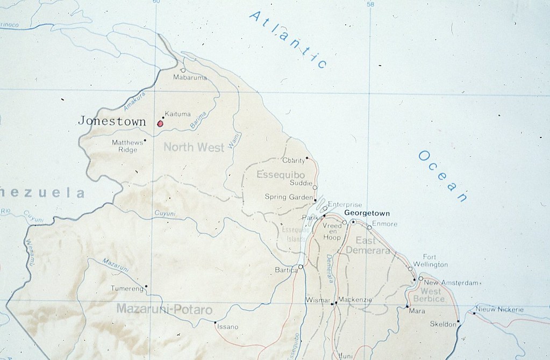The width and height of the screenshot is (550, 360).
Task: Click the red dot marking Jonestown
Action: [x=160, y=124]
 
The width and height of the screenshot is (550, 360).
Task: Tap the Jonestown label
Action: [x=112, y=121]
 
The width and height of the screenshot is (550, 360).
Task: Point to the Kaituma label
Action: [x=178, y=113]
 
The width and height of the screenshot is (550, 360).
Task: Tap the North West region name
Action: [x=194, y=147]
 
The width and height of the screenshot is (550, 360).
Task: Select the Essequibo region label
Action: [x=281, y=175]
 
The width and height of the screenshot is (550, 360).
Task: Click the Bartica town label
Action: [x=285, y=270]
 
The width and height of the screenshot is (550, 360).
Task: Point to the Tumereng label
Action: [x=127, y=289]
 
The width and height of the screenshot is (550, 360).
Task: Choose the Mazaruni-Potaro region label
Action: [x=164, y=310]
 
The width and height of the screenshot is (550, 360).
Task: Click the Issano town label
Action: [x=227, y=327]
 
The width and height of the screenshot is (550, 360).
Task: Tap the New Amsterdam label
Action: [x=451, y=283]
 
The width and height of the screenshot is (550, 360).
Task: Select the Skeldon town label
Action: [x=442, y=324]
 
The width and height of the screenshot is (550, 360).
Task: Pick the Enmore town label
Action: [x=384, y=224]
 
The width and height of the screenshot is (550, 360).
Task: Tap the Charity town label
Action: [x=293, y=160]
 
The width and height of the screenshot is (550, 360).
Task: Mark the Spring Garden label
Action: [x=288, y=197]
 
